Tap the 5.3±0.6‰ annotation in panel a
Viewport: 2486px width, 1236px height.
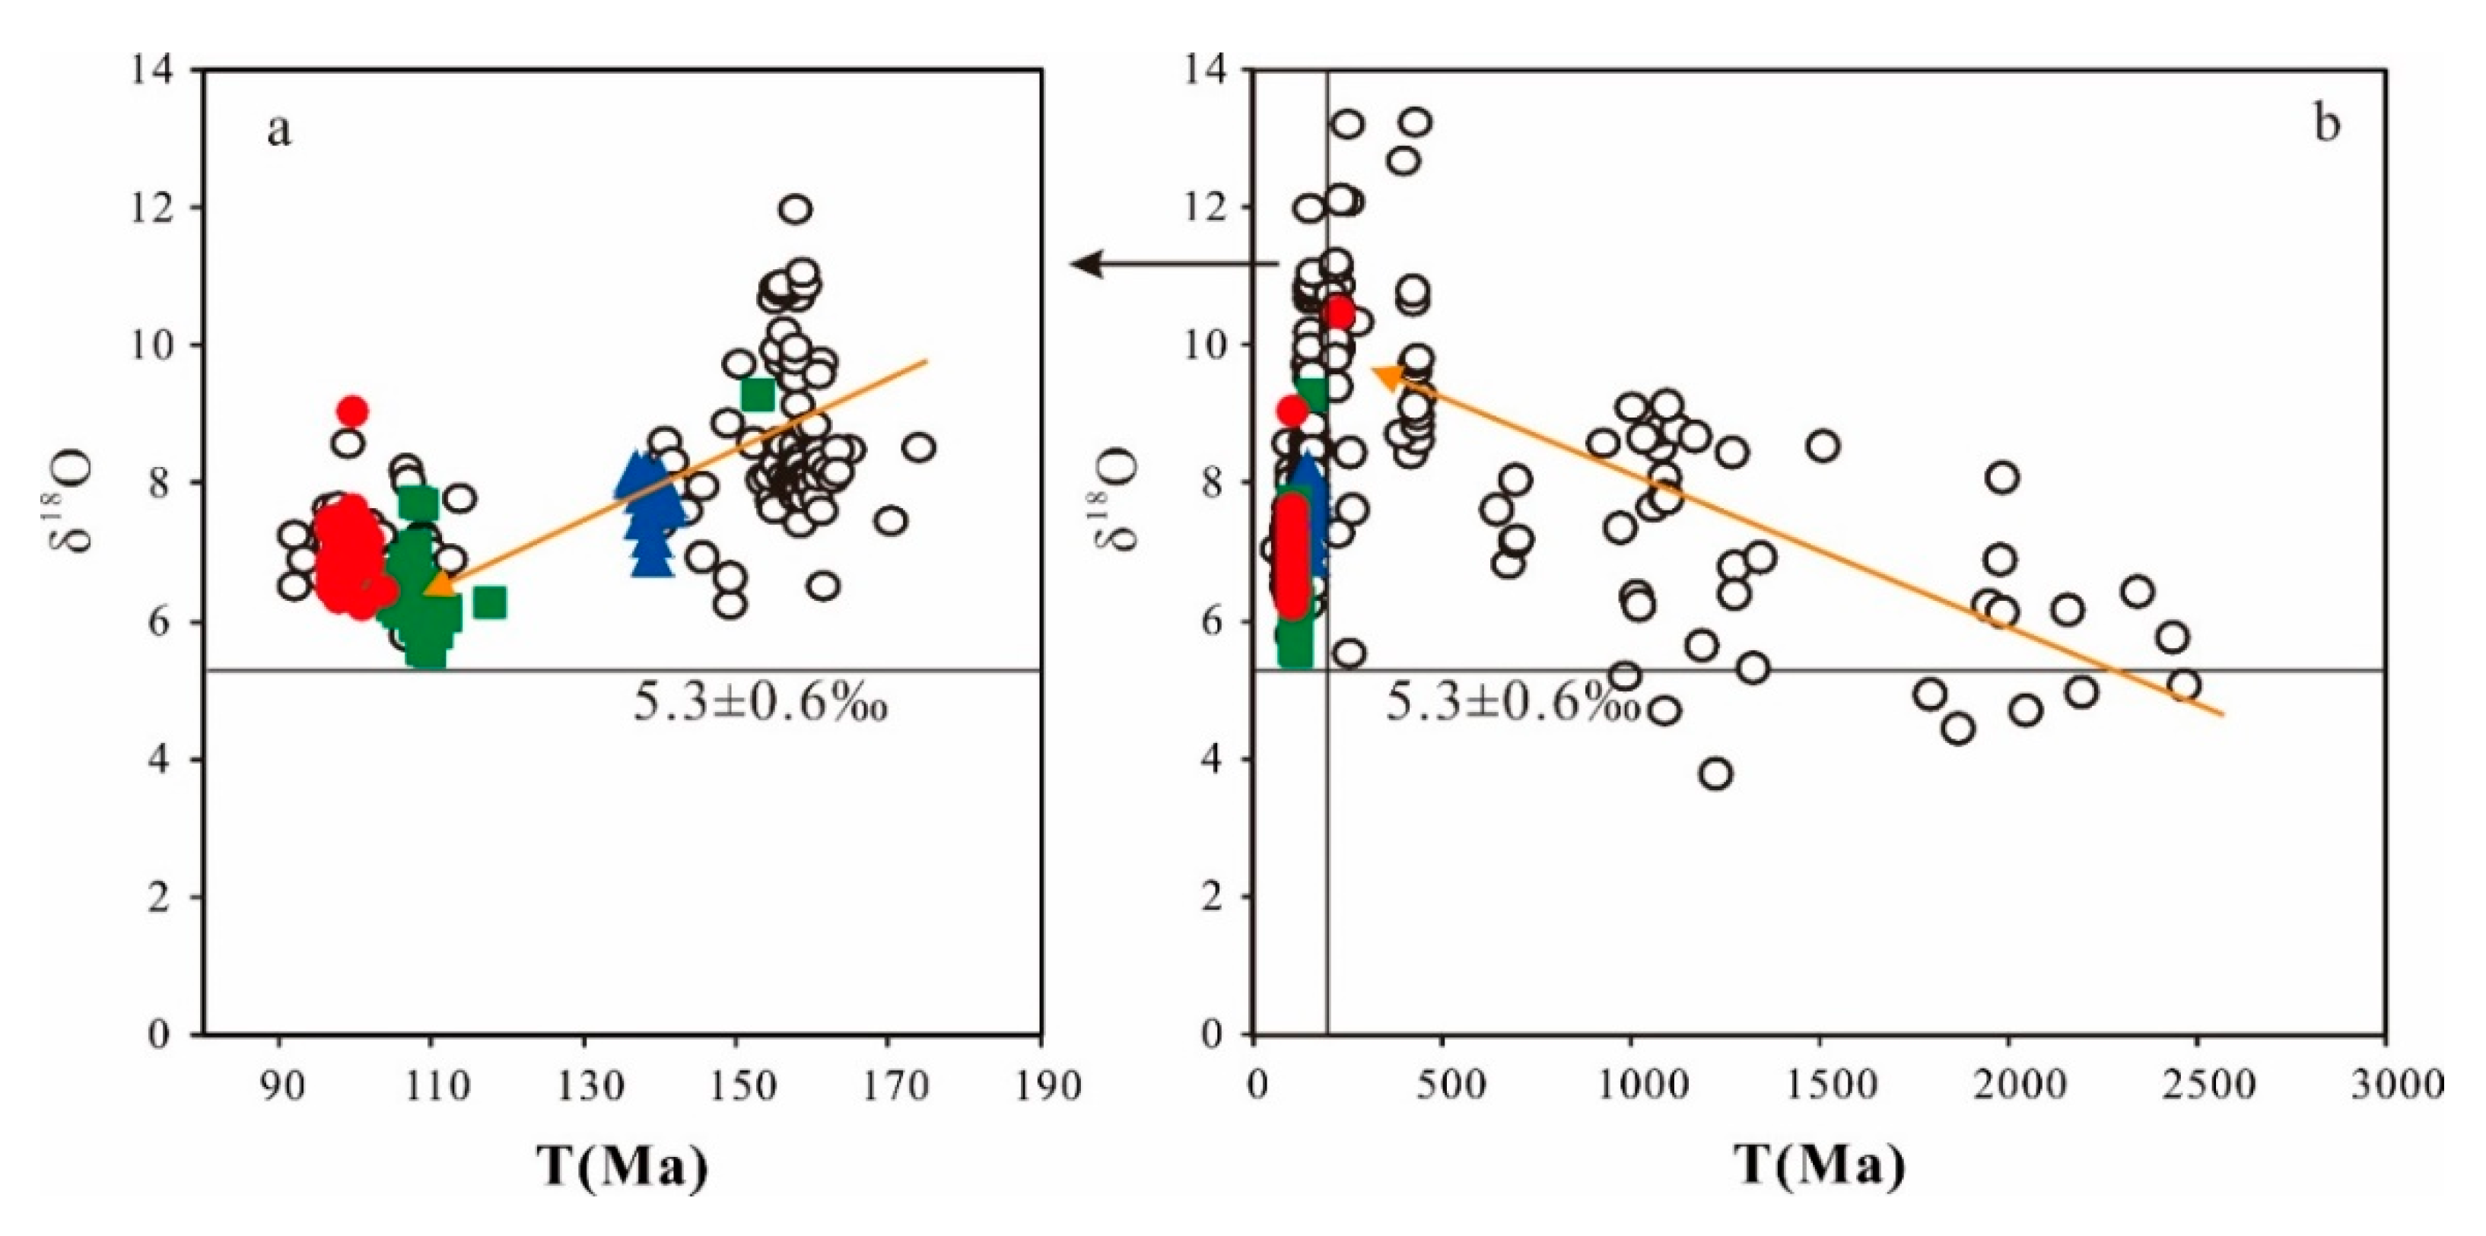(x=759, y=705)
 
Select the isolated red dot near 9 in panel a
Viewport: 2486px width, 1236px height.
(x=352, y=411)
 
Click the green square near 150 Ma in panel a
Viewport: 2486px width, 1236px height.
(x=758, y=394)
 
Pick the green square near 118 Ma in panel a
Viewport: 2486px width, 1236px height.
(x=490, y=603)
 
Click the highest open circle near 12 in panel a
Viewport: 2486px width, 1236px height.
(x=795, y=208)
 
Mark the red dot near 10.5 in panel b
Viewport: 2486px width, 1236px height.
(x=1340, y=313)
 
